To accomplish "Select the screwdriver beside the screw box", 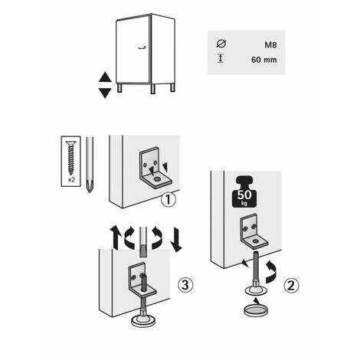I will pyautogui.click(x=90, y=165).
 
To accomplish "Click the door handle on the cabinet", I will pyautogui.click(x=140, y=48).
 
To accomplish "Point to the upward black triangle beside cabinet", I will pyautogui.click(x=105, y=77).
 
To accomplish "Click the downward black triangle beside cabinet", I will pyautogui.click(x=105, y=92).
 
